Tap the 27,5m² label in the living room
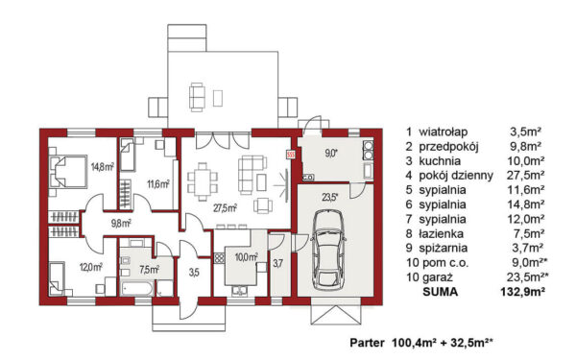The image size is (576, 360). [x=225, y=208]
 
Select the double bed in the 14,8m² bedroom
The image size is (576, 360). [x=68, y=172]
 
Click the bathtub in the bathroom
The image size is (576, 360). [x=136, y=289]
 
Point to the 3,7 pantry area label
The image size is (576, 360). [x=278, y=263]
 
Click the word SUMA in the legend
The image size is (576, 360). [x=440, y=292]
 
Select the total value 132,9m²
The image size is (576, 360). [x=522, y=292]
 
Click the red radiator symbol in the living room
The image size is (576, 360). [x=291, y=155]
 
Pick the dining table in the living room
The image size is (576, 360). [x=203, y=181]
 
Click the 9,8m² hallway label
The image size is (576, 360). [x=121, y=223]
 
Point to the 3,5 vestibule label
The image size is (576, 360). [x=194, y=273]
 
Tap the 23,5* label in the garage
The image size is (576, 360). [x=330, y=197]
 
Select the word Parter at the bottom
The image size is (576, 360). [x=367, y=343]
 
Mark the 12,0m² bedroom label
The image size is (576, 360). [x=91, y=267]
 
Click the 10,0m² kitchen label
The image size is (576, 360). [x=246, y=257]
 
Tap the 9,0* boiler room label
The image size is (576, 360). [x=331, y=154]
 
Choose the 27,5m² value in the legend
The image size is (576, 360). [x=526, y=176]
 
